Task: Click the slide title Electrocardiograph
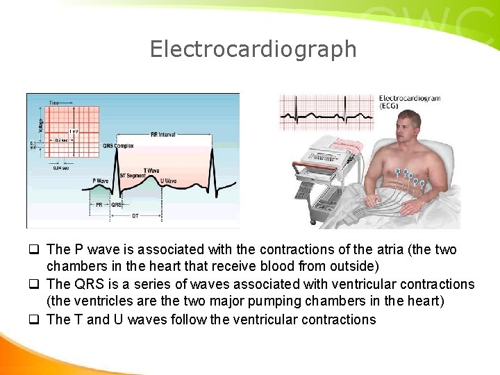[253, 49]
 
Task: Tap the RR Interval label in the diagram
[162, 135]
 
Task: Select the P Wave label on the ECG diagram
[100, 181]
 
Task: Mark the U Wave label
[168, 181]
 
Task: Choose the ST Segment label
[133, 175]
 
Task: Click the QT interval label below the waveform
[135, 215]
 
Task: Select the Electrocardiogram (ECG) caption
[410, 103]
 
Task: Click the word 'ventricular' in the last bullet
[251, 319]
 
